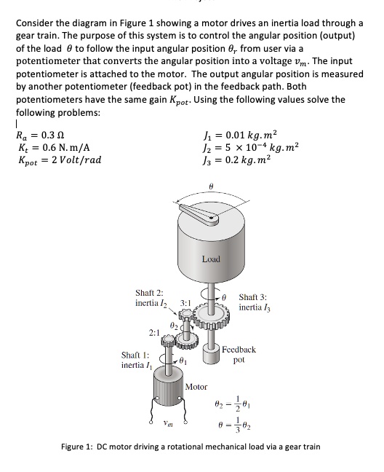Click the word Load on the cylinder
coord(210,259)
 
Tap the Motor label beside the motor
coord(196,387)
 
